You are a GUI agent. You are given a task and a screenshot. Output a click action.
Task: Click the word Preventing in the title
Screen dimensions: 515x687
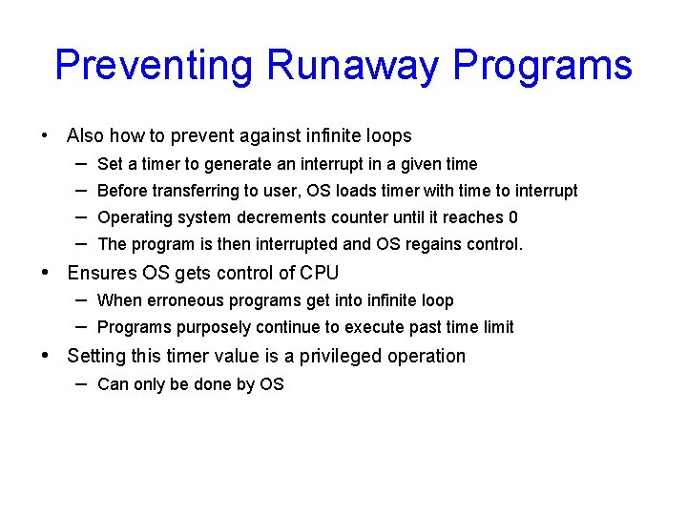(155, 66)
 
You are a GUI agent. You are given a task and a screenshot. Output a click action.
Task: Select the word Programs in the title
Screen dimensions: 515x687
(542, 66)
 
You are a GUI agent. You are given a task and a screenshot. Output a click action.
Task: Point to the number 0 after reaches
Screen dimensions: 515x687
(512, 217)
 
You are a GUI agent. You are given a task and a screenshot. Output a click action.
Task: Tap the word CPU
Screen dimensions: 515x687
(319, 274)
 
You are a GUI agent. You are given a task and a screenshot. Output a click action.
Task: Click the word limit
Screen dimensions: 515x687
(496, 327)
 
